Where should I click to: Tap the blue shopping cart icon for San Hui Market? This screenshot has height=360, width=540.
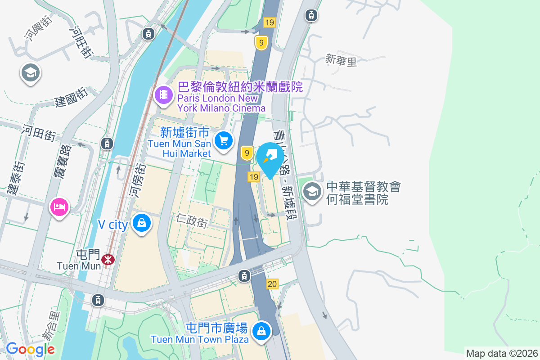point(224,140)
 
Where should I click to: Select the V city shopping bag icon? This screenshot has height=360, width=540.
point(142,223)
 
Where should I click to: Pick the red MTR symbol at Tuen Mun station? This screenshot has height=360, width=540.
point(108,259)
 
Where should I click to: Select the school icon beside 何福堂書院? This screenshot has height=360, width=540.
point(311,191)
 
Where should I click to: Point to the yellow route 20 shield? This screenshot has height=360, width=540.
point(272,284)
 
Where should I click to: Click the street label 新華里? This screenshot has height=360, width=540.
point(341,60)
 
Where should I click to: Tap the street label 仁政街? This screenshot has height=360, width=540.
point(192,220)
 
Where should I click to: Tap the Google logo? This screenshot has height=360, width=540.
point(30,349)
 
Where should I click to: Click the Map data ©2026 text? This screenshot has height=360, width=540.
point(502,353)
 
